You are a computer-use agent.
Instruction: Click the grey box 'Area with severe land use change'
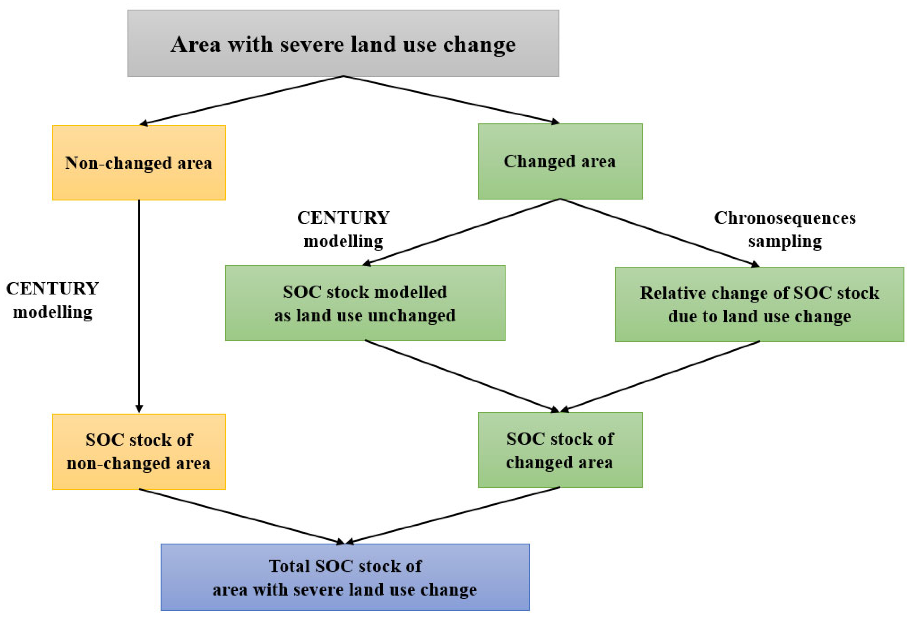(343, 43)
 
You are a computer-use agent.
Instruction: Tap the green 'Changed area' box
(560, 161)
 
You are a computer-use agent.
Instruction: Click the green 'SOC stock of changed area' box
(560, 450)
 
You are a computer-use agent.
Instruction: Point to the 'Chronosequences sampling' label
(784, 229)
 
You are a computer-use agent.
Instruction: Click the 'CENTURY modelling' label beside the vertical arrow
(52, 300)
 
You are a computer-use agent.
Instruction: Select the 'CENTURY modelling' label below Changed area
(343, 229)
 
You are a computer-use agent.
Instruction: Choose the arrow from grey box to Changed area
(451, 99)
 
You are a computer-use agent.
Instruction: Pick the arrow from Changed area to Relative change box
(660, 232)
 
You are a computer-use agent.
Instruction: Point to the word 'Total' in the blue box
(289, 566)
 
